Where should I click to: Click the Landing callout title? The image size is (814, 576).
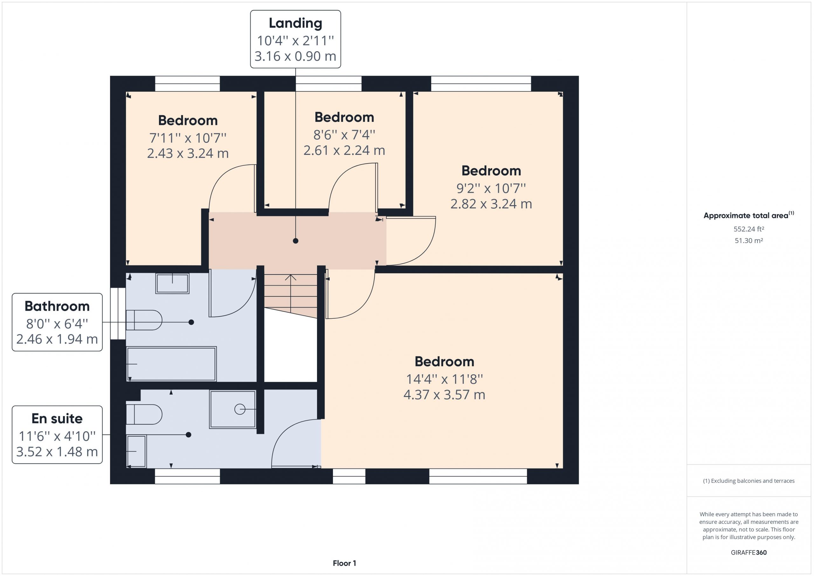295,24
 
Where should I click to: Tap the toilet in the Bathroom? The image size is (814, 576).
144,320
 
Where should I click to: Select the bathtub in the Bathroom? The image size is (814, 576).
172,364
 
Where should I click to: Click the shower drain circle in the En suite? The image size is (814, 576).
240,409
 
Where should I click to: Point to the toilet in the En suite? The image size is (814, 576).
144,414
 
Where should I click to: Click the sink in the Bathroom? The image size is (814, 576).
172,283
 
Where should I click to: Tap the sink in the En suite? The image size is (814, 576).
136,451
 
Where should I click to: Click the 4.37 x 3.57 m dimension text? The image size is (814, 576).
444,395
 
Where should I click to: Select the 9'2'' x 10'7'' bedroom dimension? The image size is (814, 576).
491,188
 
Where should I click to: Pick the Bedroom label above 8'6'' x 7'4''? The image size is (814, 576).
344,117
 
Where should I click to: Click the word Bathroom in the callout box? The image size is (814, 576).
57,306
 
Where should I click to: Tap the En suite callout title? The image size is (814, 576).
57,419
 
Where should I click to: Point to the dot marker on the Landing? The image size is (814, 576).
295,241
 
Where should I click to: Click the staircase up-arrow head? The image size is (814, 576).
291,277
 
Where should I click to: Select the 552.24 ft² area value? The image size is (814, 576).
749,229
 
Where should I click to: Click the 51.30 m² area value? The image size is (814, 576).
749,240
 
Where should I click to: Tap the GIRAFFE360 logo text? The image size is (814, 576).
749,552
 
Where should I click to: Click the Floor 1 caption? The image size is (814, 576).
344,563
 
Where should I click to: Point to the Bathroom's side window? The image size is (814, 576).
118,314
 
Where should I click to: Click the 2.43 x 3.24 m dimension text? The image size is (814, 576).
188,154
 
